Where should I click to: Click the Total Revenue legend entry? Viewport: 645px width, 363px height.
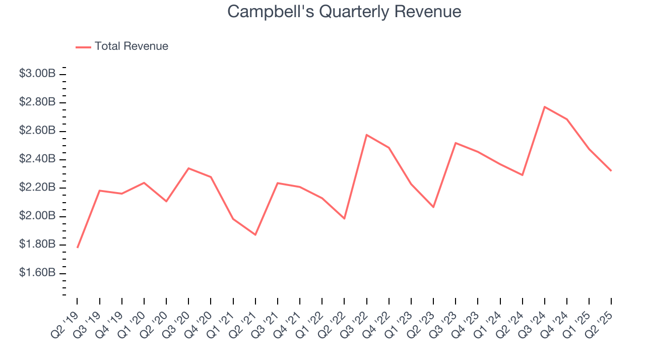click(x=131, y=46)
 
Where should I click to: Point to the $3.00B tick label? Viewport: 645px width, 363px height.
click(x=37, y=74)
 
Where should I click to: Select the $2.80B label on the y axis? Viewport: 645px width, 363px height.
click(x=37, y=102)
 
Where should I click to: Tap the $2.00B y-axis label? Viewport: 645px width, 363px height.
click(x=37, y=216)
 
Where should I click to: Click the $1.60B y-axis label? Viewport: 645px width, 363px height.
click(x=37, y=273)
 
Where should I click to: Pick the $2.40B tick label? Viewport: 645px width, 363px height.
click(x=37, y=159)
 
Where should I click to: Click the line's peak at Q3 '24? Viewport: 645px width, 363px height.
click(x=545, y=107)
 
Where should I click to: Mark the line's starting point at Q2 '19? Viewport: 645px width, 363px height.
click(x=78, y=247)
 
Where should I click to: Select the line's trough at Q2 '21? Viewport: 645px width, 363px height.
click(x=255, y=234)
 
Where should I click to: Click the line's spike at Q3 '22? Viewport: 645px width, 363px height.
click(x=366, y=135)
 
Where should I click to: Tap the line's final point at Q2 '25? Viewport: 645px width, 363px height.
click(x=611, y=170)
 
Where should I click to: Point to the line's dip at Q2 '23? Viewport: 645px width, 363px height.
click(x=433, y=207)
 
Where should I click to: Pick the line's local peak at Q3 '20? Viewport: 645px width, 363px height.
click(x=188, y=168)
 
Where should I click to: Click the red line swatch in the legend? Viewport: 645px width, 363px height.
click(x=83, y=47)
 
